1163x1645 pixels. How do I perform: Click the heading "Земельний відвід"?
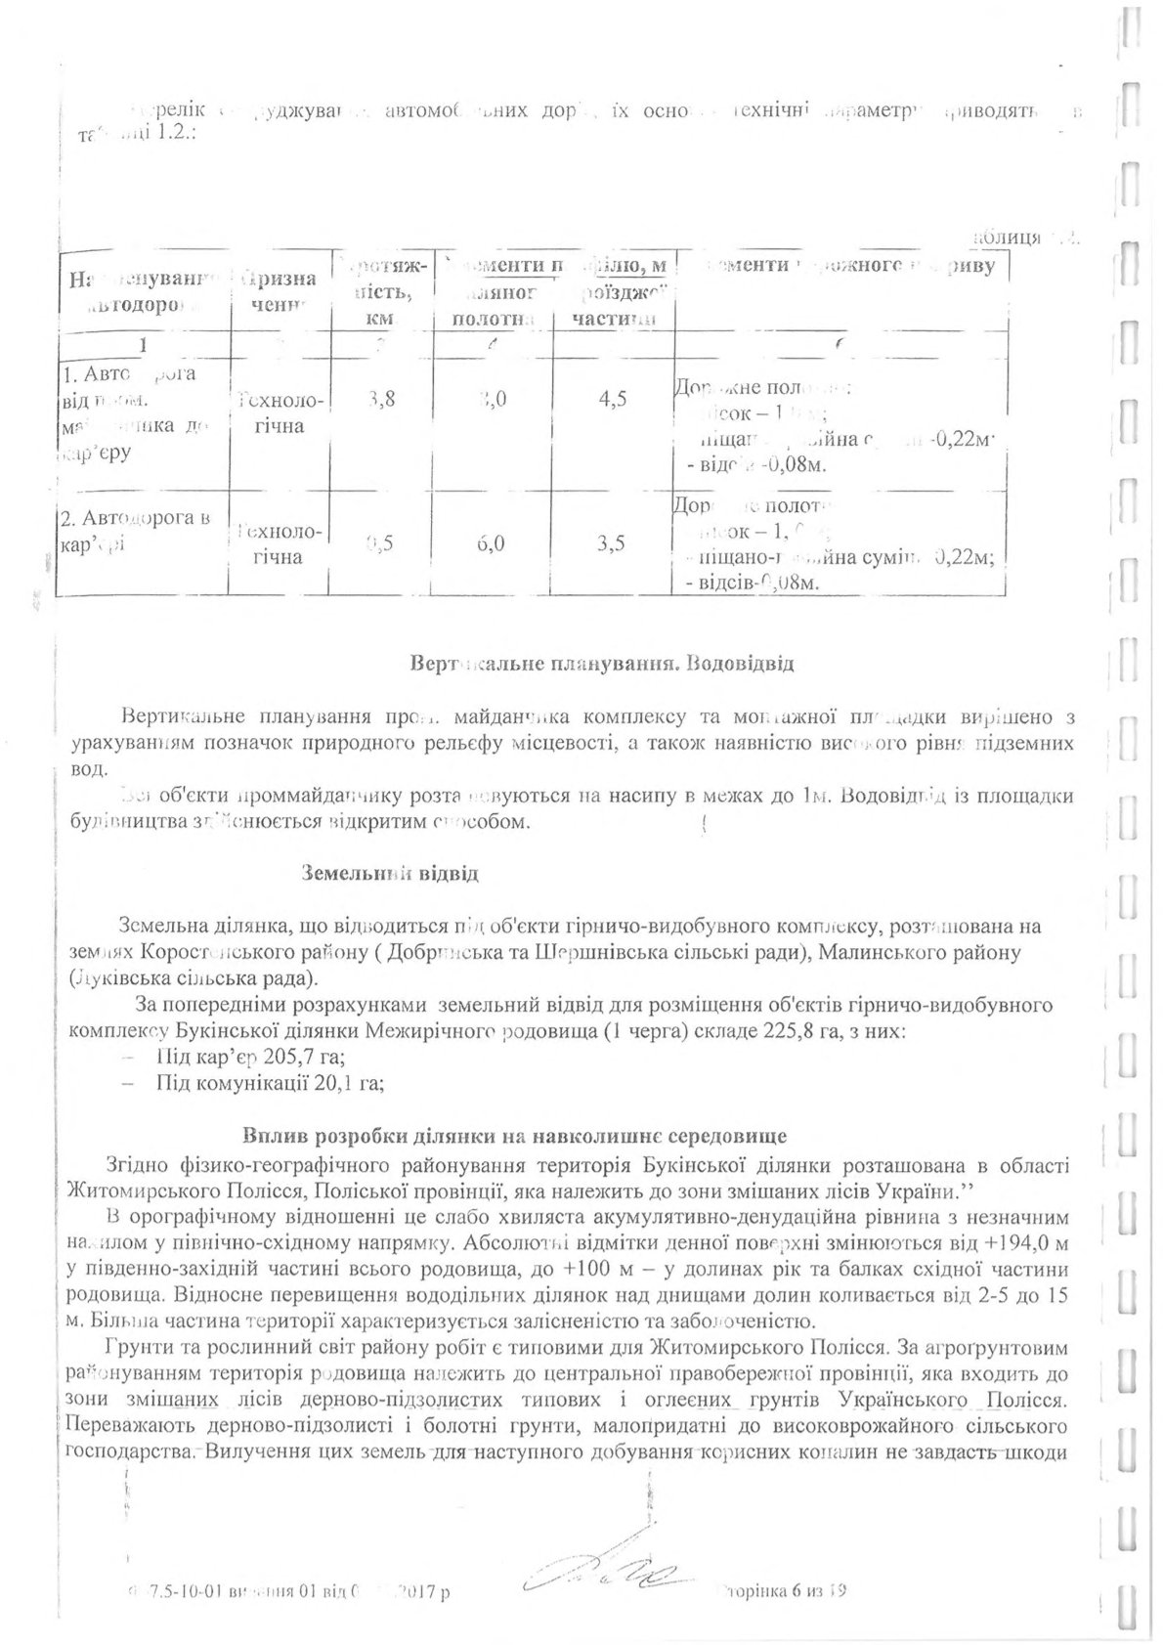[389, 873]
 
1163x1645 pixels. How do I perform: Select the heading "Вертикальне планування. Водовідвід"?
[601, 665]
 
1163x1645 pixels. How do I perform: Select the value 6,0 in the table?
[491, 544]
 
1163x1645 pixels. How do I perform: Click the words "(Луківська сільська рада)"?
[194, 978]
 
